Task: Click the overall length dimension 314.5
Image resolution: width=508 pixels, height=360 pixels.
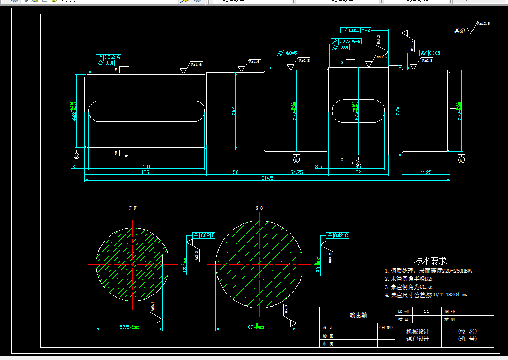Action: pyautogui.click(x=267, y=178)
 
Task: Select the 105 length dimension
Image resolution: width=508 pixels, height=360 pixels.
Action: pyautogui.click(x=145, y=173)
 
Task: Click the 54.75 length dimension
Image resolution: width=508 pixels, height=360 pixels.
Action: pyautogui.click(x=296, y=173)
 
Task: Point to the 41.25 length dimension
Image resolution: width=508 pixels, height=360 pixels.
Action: pyautogui.click(x=425, y=173)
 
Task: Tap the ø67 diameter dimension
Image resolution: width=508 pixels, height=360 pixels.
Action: pyautogui.click(x=233, y=111)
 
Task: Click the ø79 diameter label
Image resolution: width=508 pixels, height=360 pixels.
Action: pyautogui.click(x=397, y=111)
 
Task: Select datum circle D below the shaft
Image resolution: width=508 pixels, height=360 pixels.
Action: pyautogui.click(x=76, y=156)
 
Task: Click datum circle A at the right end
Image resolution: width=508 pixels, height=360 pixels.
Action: pyautogui.click(x=461, y=159)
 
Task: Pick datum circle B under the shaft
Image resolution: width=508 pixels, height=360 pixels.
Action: pyautogui.click(x=296, y=159)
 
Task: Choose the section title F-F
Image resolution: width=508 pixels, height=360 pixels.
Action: pyautogui.click(x=133, y=208)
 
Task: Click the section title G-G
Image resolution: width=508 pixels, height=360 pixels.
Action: pyautogui.click(x=259, y=208)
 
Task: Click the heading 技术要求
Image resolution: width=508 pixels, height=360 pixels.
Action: pyautogui.click(x=430, y=261)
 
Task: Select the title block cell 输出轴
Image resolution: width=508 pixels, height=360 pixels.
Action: pyautogui.click(x=358, y=315)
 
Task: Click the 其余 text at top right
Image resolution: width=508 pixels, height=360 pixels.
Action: pyautogui.click(x=459, y=31)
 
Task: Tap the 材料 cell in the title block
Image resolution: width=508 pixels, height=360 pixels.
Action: pyautogui.click(x=450, y=319)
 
